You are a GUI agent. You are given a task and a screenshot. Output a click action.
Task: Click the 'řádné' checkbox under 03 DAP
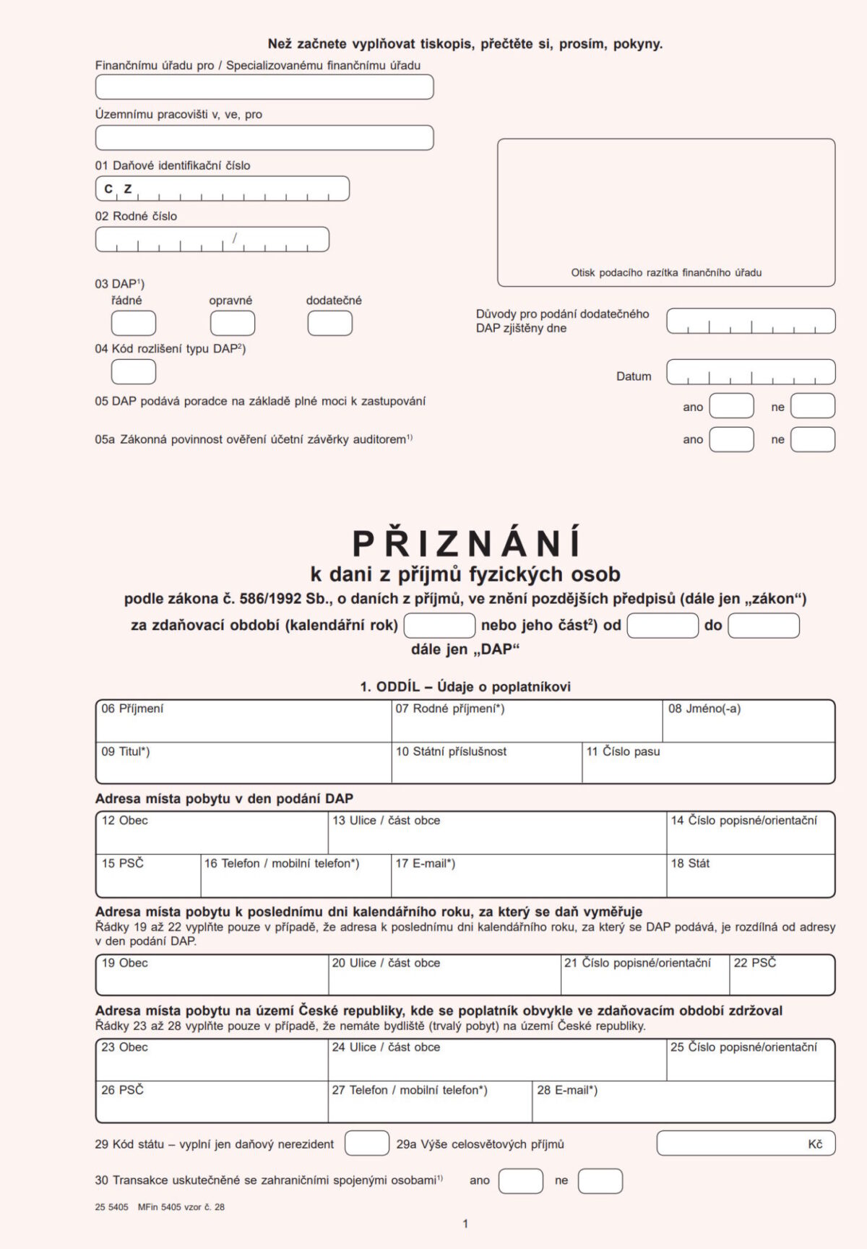point(134,323)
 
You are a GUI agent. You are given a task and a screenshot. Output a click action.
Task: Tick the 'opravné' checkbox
point(232,323)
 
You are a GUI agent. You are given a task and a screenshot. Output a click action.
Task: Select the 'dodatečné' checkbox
point(330,323)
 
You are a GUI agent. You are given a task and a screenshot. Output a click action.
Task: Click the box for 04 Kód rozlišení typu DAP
point(134,371)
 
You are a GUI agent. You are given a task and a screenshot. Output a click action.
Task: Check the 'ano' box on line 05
point(731,406)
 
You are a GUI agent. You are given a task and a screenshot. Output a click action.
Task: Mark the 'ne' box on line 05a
point(813,439)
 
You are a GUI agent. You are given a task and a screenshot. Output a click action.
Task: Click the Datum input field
point(751,372)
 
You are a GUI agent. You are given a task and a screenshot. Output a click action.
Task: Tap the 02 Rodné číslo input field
point(212,239)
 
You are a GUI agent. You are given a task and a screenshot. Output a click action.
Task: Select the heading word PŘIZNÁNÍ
point(467,543)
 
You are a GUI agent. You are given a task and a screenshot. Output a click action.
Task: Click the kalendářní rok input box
point(439,626)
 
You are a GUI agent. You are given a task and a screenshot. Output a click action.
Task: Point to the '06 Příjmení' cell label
point(133,709)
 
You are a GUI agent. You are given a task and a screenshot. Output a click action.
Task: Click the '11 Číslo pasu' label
point(623,751)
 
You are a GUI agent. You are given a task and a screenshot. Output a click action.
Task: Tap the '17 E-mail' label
point(425,863)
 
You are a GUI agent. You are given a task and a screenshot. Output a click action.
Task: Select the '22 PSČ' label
point(754,963)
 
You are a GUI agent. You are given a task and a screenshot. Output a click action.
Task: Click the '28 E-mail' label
point(567,1090)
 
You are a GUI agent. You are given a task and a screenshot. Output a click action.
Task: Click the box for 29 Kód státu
point(366,1144)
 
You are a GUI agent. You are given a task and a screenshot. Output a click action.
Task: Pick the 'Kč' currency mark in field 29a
point(815,1144)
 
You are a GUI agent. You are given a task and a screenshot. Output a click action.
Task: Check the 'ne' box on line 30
point(600,1181)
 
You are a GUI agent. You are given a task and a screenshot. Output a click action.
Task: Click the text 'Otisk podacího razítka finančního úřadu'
point(666,273)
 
